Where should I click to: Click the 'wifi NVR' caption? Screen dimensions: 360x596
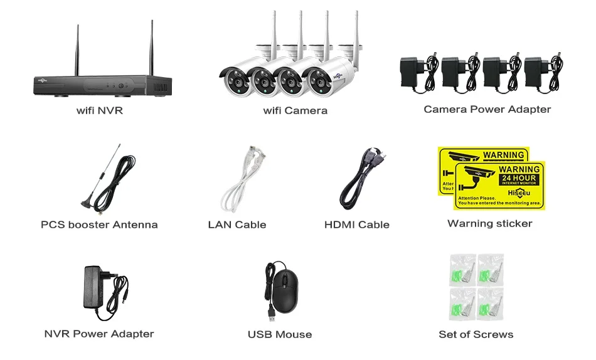click(x=99, y=111)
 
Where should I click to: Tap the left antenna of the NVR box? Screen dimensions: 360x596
click(x=78, y=50)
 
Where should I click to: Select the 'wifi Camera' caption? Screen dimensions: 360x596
click(x=295, y=111)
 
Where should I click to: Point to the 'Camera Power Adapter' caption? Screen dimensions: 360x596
click(x=487, y=110)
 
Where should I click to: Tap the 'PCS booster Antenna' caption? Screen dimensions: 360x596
click(x=99, y=225)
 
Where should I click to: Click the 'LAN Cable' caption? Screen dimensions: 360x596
click(x=237, y=225)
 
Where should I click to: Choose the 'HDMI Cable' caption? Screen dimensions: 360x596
click(x=356, y=225)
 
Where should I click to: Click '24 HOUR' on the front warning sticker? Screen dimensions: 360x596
click(x=519, y=179)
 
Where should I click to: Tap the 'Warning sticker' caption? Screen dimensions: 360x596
click(x=489, y=223)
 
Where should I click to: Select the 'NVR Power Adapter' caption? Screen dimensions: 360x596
click(x=99, y=334)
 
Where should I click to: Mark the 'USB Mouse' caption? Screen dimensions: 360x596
click(x=279, y=334)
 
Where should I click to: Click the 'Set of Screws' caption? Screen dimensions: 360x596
click(x=476, y=334)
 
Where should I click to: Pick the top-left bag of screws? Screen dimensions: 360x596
click(x=463, y=268)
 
